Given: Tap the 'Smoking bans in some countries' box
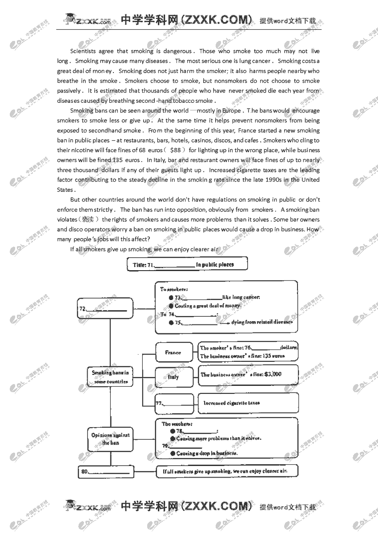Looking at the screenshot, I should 110,377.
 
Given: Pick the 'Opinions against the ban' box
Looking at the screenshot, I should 110,439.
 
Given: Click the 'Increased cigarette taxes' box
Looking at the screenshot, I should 247,403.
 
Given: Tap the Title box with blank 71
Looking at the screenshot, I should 187,264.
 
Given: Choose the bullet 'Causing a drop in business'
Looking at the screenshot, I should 206,453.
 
